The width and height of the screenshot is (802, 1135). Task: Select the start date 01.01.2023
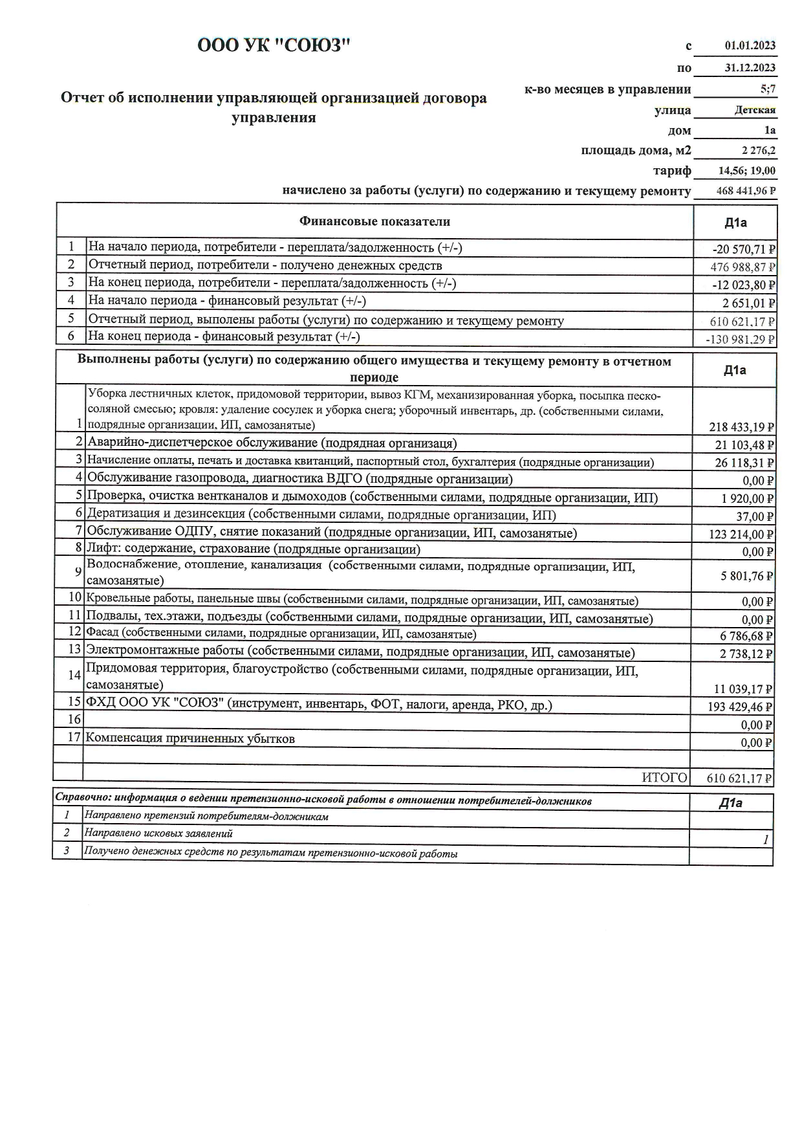pyautogui.click(x=750, y=46)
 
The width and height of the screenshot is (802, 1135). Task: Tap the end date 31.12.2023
pyautogui.click(x=750, y=67)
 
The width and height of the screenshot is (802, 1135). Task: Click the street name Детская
pyautogui.click(x=755, y=110)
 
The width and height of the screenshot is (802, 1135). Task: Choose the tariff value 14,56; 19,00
pyautogui.click(x=747, y=171)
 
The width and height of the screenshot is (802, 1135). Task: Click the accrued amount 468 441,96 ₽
pyautogui.click(x=746, y=192)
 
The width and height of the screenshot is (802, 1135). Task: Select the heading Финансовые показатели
pyautogui.click(x=374, y=222)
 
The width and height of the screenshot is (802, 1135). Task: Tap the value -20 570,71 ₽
pyautogui.click(x=743, y=249)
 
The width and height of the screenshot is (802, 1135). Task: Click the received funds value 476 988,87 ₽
pyautogui.click(x=742, y=267)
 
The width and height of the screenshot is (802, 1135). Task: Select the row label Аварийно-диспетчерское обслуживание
pyautogui.click(x=272, y=443)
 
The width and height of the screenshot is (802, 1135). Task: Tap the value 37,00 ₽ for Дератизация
pyautogui.click(x=757, y=517)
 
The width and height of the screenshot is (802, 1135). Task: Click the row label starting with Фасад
pyautogui.click(x=281, y=634)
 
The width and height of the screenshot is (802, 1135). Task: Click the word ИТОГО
pyautogui.click(x=664, y=778)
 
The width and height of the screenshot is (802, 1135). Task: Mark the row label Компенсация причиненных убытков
pyautogui.click(x=190, y=739)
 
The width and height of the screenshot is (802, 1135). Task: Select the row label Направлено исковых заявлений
pyautogui.click(x=158, y=834)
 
